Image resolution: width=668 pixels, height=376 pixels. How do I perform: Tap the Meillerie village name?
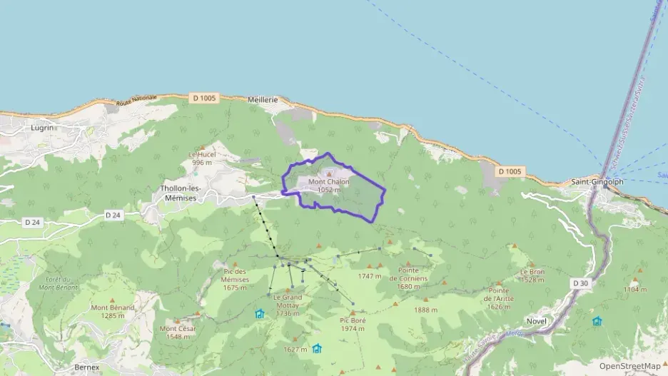[x=263, y=100]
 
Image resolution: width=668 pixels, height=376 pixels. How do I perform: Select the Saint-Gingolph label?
[x=597, y=182]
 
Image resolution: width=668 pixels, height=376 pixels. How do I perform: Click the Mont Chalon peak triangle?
[x=329, y=173]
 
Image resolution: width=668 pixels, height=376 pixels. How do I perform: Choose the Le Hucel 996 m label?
[x=203, y=158]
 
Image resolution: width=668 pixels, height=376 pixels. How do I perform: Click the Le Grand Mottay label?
[x=288, y=301]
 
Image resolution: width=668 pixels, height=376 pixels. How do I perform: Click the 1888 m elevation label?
[x=425, y=310]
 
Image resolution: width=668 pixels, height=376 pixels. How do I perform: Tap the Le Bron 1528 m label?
[x=532, y=275]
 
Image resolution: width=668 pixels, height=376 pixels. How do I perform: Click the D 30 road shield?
[x=580, y=283]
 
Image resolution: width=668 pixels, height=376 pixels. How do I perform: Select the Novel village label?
[x=536, y=321]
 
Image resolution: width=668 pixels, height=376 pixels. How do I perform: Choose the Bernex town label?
[x=87, y=367]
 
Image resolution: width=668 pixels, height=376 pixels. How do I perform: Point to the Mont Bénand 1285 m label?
[x=113, y=311]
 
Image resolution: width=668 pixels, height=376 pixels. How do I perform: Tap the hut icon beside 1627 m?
[x=316, y=348]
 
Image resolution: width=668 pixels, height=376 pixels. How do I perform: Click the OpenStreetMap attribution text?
[x=629, y=366]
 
